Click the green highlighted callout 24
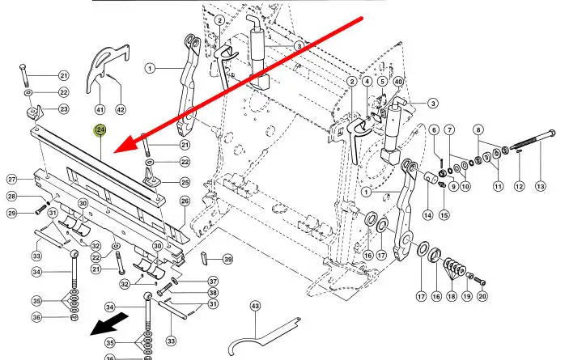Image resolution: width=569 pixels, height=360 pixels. [x=100, y=129]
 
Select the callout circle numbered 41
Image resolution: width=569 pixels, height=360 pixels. [x=100, y=108]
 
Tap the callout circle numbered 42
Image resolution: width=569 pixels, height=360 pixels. [x=121, y=108]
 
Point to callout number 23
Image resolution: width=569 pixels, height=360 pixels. [x=63, y=109]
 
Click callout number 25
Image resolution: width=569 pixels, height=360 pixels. [x=185, y=183]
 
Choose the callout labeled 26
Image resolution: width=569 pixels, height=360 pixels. [x=185, y=201]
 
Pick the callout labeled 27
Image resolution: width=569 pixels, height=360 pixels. [x=12, y=179]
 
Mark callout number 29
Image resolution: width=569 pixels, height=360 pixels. [x=12, y=213]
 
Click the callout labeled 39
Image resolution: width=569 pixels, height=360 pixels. [x=227, y=259]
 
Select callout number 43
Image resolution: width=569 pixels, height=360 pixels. [x=255, y=306]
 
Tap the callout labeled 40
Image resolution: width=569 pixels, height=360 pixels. [x=397, y=82]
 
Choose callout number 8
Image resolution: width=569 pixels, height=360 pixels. [x=478, y=129]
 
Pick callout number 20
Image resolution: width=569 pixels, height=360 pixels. [x=482, y=297]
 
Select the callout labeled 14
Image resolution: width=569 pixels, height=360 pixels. [x=427, y=215]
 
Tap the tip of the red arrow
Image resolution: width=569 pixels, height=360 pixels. [x=113, y=151]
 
